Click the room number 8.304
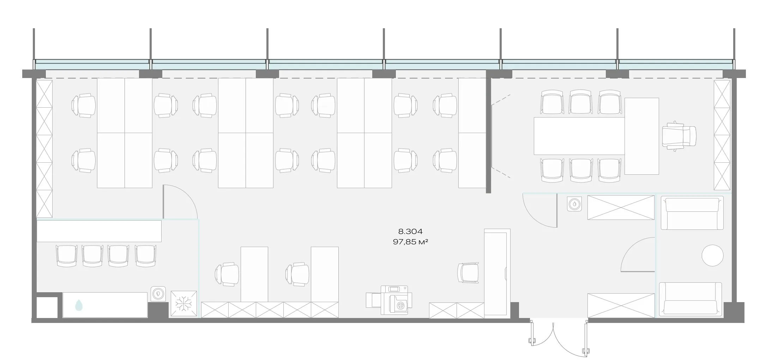pos(410,232)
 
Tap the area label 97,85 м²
pos(410,242)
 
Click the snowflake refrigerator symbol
pos(184,304)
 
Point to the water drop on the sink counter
pos(79,305)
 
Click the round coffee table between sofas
pos(712,255)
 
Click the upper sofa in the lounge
pos(692,213)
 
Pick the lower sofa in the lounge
pos(690,298)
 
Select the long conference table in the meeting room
pos(579,136)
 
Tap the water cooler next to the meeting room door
pos(574,204)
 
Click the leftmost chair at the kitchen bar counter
pos(66,256)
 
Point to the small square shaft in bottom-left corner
pos(47,307)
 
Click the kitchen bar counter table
pos(99,231)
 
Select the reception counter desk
pos(497,272)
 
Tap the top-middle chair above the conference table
pos(580,102)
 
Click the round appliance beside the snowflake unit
pos(158,293)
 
